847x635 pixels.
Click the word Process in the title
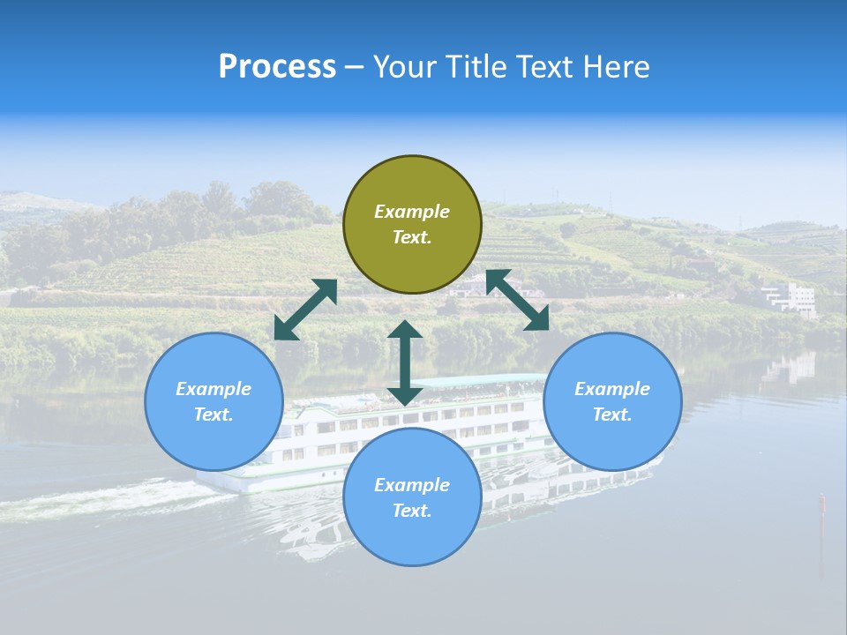tap(277, 67)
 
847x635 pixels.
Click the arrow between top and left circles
tap(305, 310)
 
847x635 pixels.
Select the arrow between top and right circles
tap(518, 300)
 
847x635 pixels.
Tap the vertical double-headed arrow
tap(405, 362)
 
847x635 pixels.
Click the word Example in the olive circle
tap(412, 212)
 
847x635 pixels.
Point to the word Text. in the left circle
tap(214, 415)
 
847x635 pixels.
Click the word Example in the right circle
tap(612, 389)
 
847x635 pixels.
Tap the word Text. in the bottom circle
tap(412, 511)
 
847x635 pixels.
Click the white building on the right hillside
tap(791, 298)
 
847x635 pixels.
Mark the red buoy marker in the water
tap(821, 504)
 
